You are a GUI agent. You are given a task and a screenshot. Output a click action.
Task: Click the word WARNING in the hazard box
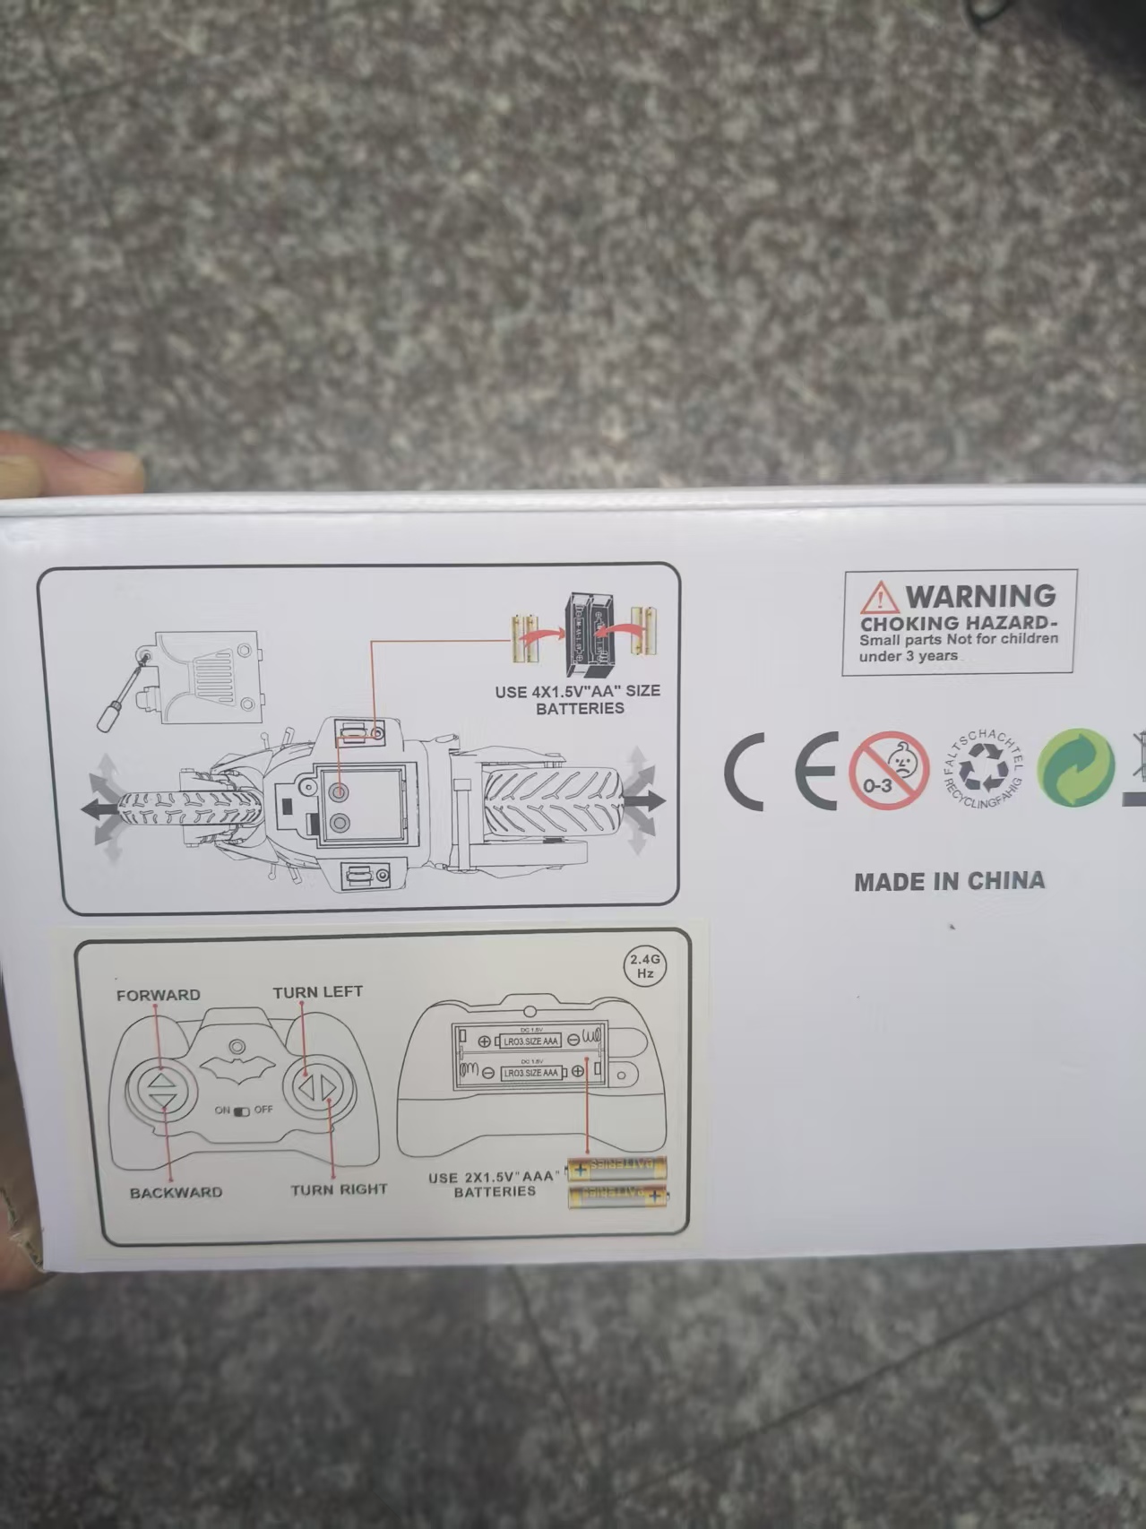pyautogui.click(x=980, y=596)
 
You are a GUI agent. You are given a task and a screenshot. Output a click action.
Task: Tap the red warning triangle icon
pyautogui.click(x=879, y=597)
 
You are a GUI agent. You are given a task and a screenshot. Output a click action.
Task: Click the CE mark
pyautogui.click(x=780, y=771)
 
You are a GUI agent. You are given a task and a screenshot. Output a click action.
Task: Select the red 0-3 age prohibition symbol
pyautogui.click(x=889, y=771)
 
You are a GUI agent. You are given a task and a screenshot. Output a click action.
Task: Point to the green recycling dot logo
pyautogui.click(x=1075, y=768)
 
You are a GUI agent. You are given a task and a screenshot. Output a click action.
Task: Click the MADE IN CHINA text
pyautogui.click(x=950, y=881)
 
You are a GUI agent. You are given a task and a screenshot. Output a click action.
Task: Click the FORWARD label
pyautogui.click(x=158, y=995)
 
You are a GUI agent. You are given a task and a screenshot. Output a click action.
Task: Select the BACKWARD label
pyautogui.click(x=176, y=1193)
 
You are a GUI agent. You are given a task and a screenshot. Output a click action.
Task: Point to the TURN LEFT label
pyautogui.click(x=317, y=992)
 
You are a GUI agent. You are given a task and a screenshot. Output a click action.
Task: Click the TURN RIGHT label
pyautogui.click(x=339, y=1190)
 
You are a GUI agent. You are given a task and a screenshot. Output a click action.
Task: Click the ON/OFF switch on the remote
pyautogui.click(x=243, y=1111)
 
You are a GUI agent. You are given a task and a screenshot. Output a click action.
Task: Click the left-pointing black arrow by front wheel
pyautogui.click(x=97, y=809)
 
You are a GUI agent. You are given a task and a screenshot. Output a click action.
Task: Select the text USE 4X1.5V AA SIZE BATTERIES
pyautogui.click(x=578, y=699)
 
